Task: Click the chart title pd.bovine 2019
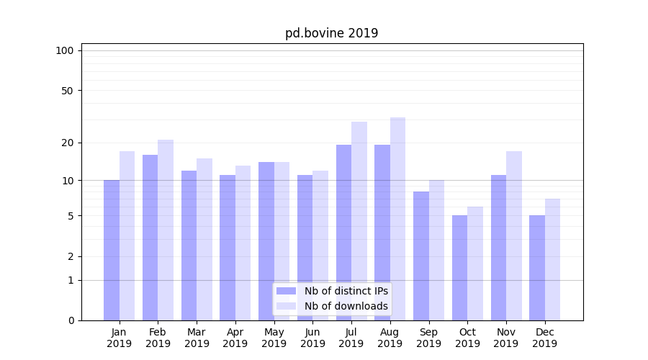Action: click(331, 33)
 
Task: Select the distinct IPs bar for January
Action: click(112, 250)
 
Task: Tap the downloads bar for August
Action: click(397, 219)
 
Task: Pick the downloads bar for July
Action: click(359, 221)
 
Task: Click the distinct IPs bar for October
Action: click(459, 268)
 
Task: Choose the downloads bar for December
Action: click(552, 259)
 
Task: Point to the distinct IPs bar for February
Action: click(150, 238)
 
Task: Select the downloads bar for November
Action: click(514, 235)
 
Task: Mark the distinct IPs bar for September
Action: click(421, 256)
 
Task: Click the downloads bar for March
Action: click(204, 239)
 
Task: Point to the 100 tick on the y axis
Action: click(65, 50)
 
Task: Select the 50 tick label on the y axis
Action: click(68, 91)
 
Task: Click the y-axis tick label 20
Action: click(68, 143)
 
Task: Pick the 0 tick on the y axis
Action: click(71, 320)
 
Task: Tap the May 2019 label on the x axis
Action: click(274, 338)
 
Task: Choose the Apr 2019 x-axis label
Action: click(235, 338)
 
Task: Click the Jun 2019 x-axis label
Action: click(312, 338)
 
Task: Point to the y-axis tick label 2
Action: click(71, 256)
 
